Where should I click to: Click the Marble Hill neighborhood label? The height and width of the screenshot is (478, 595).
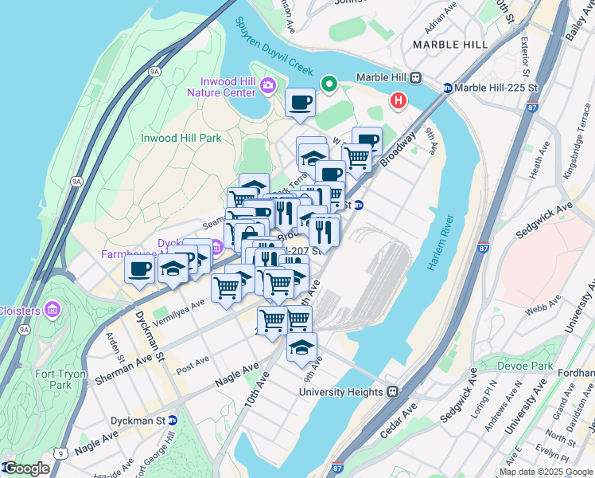pyautogui.click(x=450, y=45)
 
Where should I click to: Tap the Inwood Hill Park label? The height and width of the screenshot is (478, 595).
pyautogui.click(x=181, y=138)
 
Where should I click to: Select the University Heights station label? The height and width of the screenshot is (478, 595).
pyautogui.click(x=347, y=392)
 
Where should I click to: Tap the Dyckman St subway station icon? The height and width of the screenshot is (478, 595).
pyautogui.click(x=173, y=420)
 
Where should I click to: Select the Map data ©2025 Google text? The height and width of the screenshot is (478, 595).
pyautogui.click(x=546, y=472)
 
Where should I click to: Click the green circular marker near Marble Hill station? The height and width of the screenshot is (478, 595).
pyautogui.click(x=329, y=83)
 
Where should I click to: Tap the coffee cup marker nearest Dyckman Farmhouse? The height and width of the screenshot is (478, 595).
pyautogui.click(x=140, y=269)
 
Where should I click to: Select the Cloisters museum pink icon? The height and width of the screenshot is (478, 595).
pyautogui.click(x=52, y=309)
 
